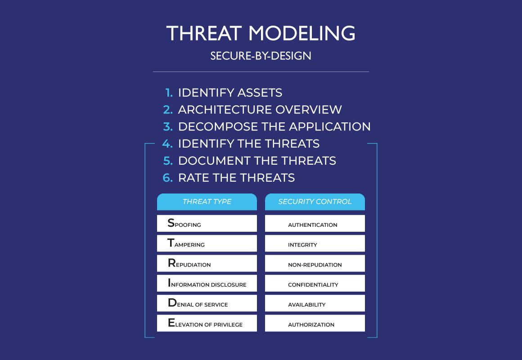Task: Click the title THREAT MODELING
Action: (x=261, y=33)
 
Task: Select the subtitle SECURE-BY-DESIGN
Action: (x=261, y=56)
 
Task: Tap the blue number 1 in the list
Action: (x=169, y=93)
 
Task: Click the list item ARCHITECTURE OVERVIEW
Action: (x=260, y=109)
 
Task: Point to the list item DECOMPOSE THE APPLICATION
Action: (x=274, y=126)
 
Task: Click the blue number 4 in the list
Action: (x=167, y=144)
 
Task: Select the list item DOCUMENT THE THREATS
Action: (x=257, y=161)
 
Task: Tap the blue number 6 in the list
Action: (x=167, y=177)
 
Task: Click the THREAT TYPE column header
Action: (x=207, y=202)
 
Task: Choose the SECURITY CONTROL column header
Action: (x=315, y=202)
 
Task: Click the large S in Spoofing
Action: (x=171, y=222)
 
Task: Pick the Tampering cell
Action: (x=207, y=243)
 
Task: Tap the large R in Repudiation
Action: (x=172, y=263)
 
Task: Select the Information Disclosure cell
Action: (x=207, y=283)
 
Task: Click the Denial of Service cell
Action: (x=207, y=303)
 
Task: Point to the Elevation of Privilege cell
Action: (x=207, y=323)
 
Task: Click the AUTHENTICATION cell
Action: (x=315, y=223)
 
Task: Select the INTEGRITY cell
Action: (x=315, y=243)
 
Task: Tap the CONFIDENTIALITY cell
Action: (x=315, y=283)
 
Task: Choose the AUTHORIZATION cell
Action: (x=315, y=323)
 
